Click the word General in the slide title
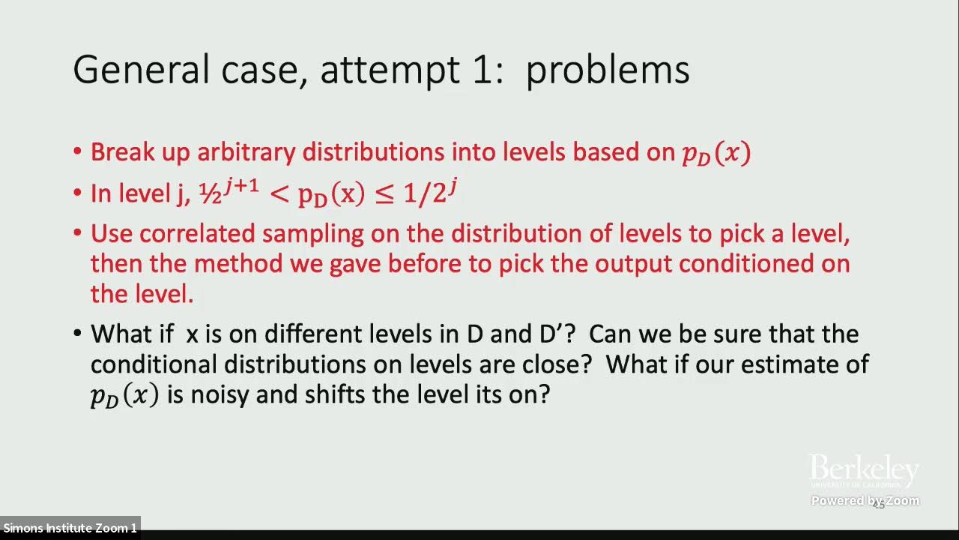click(141, 70)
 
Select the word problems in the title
click(607, 70)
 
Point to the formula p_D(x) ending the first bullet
click(716, 153)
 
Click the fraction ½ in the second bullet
click(206, 194)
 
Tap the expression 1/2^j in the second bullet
click(430, 193)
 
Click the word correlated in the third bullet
click(197, 234)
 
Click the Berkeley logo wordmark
click(864, 471)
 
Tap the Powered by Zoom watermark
click(865, 501)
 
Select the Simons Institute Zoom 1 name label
click(70, 528)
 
